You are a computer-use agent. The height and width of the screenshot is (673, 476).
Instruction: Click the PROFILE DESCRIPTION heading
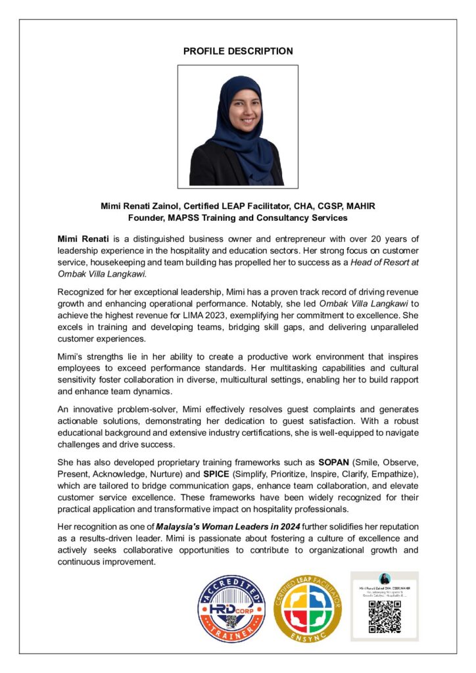[x=237, y=51]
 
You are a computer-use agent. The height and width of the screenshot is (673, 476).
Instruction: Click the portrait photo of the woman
[x=237, y=126]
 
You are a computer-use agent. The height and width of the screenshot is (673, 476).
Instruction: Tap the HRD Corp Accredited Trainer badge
[x=231, y=609]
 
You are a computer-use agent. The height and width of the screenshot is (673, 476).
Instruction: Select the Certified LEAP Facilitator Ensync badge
[x=308, y=609]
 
